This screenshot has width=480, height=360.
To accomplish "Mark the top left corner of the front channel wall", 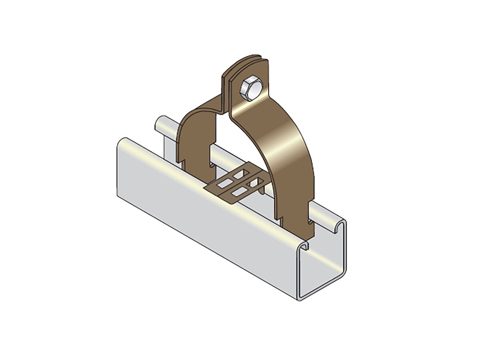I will pyautogui.click(x=122, y=141).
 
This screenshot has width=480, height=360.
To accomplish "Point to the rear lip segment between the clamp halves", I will pyautogui.click(x=224, y=154).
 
